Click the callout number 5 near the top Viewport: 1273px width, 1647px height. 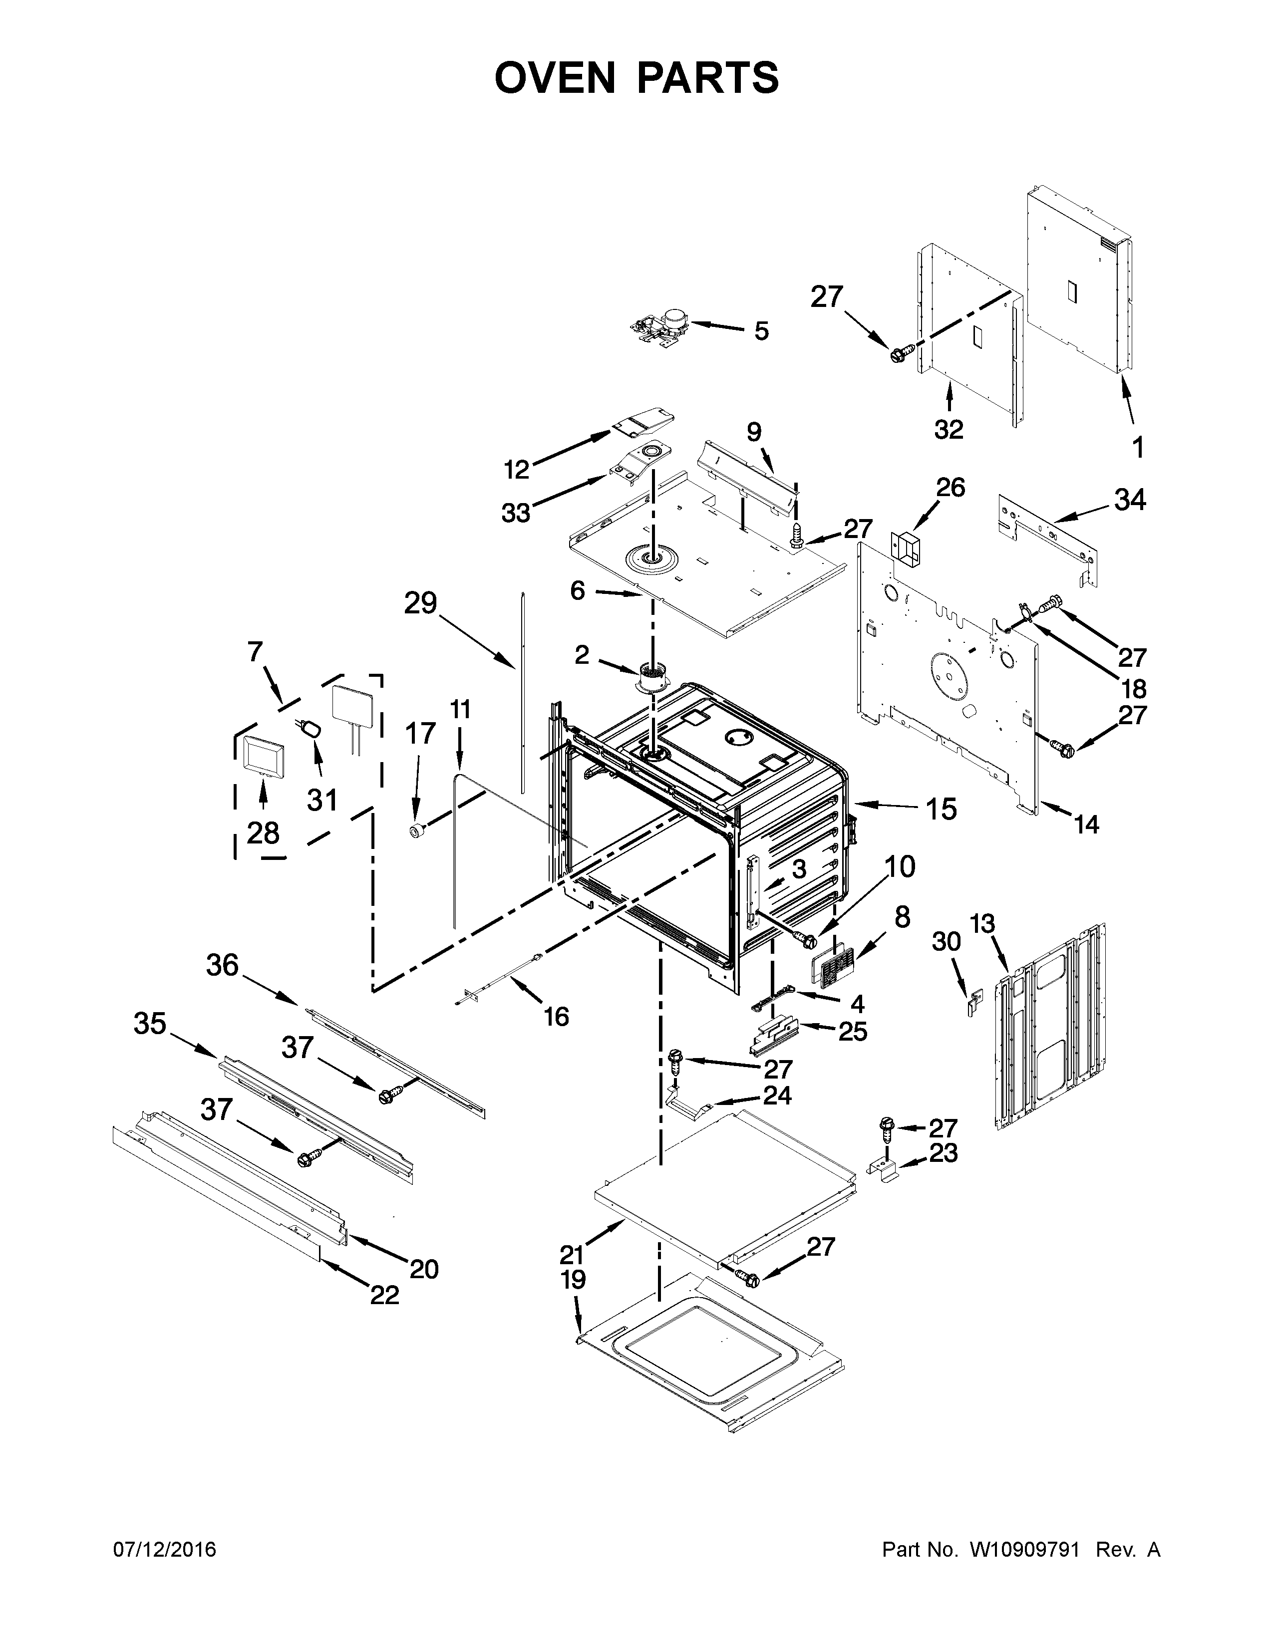tap(762, 331)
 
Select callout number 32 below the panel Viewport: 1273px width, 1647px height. tap(949, 429)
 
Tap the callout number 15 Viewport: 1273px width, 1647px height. tap(941, 809)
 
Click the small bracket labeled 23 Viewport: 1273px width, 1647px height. tap(887, 1170)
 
